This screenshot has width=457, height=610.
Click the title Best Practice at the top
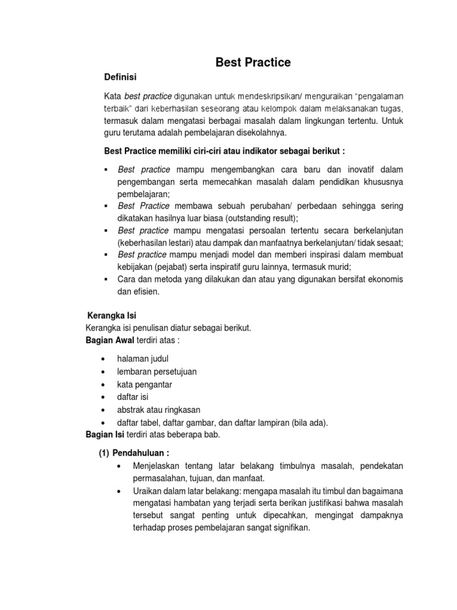[253, 62]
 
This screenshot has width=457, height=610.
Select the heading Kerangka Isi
[112, 315]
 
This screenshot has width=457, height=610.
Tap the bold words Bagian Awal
[111, 340]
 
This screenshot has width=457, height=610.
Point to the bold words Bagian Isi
[105, 434]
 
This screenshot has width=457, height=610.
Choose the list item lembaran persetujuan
[157, 371]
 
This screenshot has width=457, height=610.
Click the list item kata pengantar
[145, 384]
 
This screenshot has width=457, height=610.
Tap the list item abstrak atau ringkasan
[159, 409]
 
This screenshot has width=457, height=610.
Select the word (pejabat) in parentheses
[176, 267]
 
